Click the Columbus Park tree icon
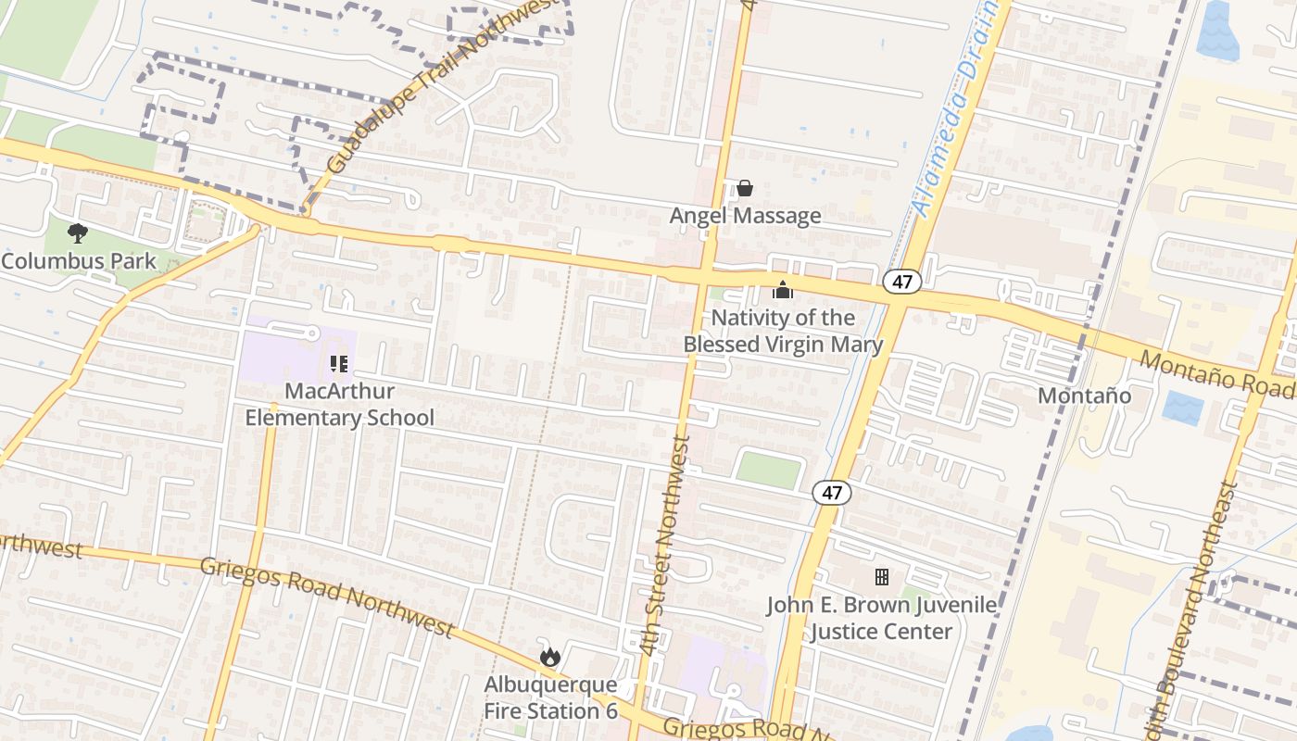point(78,233)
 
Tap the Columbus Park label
point(79,260)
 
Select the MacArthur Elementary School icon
point(339,364)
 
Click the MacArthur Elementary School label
point(339,405)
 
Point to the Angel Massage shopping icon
point(745,189)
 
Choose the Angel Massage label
point(745,216)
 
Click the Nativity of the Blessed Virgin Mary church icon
point(783,291)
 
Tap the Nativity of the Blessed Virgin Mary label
point(783,332)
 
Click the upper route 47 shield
point(901,282)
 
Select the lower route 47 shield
point(832,493)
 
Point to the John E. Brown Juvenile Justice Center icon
point(882,577)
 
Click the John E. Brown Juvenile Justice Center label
point(881,619)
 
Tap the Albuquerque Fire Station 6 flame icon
point(550,658)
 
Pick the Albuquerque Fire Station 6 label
point(550,698)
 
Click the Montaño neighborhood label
point(1084,396)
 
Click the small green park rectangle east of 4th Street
point(769,470)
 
